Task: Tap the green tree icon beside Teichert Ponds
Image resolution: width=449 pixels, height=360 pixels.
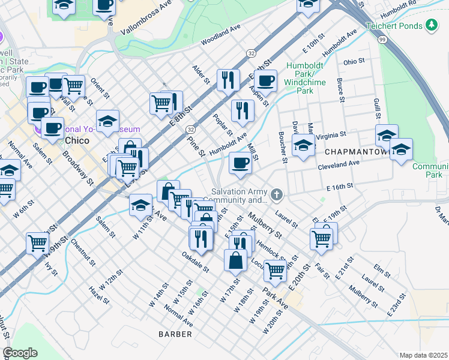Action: (430, 25)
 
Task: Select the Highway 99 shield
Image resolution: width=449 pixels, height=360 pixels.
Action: (382, 39)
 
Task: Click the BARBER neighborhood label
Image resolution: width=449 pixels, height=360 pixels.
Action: (175, 333)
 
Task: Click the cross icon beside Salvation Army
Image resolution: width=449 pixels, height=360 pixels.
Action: (276, 194)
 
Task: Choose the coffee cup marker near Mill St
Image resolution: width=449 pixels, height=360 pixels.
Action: (240, 163)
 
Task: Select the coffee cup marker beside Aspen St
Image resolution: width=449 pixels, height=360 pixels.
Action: (265, 80)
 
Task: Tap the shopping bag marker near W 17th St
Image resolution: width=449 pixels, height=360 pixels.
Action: (235, 260)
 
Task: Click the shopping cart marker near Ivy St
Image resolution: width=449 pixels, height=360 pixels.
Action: (37, 244)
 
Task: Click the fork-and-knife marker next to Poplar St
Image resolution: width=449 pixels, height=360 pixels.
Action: (243, 110)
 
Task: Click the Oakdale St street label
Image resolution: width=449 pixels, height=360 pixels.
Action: (195, 262)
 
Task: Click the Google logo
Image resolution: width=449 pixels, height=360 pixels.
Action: (20, 352)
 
